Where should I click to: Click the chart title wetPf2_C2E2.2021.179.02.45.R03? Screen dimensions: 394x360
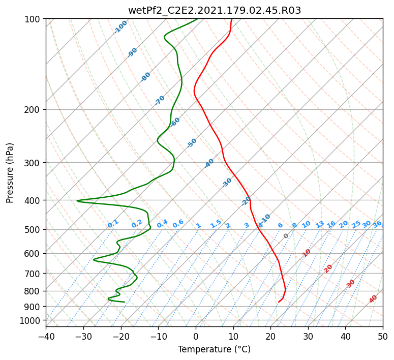pyautogui.click(x=215, y=11)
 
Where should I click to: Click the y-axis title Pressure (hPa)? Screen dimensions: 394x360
pyautogui.click(x=9, y=173)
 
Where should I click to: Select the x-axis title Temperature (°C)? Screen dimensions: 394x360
pyautogui.click(x=215, y=349)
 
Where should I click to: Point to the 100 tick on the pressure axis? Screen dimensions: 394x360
pyautogui.click(x=32, y=19)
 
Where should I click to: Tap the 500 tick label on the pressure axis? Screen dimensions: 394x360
pyautogui.click(x=32, y=229)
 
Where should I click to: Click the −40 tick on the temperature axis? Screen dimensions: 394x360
pyautogui.click(x=46, y=336)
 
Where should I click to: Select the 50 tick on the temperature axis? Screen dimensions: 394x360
pyautogui.click(x=383, y=336)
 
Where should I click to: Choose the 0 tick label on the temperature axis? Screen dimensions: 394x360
pyautogui.click(x=196, y=336)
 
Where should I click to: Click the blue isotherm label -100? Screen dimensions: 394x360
pyautogui.click(x=120, y=27)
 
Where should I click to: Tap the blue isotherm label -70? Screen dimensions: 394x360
pyautogui.click(x=159, y=100)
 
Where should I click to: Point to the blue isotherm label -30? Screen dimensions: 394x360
pyautogui.click(x=226, y=183)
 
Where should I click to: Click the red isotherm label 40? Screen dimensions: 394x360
pyautogui.click(x=373, y=299)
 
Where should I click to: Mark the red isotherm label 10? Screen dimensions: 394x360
pyautogui.click(x=307, y=253)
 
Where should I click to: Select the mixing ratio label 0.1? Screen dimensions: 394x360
pyautogui.click(x=113, y=224)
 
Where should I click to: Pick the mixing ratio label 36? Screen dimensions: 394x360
pyautogui.click(x=377, y=224)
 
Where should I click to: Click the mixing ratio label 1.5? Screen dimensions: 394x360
pyautogui.click(x=216, y=224)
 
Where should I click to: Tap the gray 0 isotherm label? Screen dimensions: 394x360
pyautogui.click(x=286, y=236)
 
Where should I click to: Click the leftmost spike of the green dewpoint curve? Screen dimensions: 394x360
pyautogui.click(x=77, y=201)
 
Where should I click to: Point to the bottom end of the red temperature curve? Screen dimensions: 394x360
pyautogui.click(x=279, y=302)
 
